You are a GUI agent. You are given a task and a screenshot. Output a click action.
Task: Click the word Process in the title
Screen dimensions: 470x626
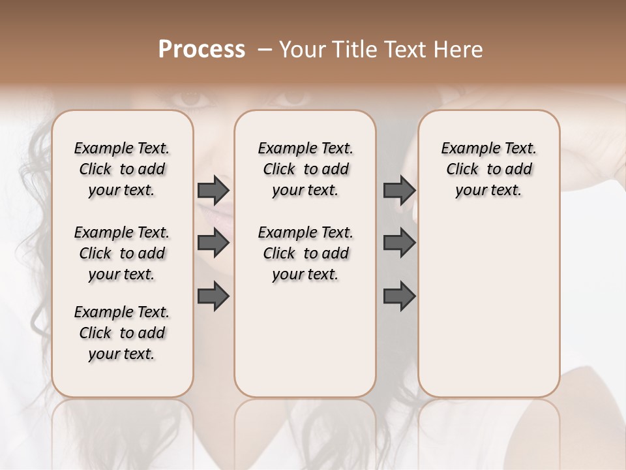coord(201,50)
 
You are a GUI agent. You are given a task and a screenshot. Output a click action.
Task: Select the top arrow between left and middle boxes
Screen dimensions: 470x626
coord(213,191)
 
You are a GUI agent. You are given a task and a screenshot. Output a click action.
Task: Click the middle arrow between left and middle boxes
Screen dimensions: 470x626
coord(213,243)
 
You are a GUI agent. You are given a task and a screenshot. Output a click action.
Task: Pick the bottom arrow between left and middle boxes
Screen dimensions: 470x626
coord(213,295)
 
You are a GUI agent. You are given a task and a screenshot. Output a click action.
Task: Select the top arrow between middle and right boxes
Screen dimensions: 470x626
coord(399,191)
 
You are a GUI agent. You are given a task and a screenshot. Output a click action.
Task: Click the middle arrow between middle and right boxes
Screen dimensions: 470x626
coord(399,243)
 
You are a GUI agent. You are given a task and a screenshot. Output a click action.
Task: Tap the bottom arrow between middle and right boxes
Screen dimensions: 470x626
coord(399,295)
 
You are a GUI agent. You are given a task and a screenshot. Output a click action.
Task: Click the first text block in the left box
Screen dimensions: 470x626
coord(122,169)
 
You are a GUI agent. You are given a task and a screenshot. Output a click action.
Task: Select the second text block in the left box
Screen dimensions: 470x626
coord(122,253)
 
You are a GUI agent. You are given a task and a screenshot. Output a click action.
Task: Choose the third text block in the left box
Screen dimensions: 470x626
coord(122,333)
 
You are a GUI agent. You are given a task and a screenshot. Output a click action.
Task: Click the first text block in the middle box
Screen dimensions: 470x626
coord(305,169)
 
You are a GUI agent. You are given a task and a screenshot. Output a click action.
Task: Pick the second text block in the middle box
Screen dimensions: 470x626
coord(305,253)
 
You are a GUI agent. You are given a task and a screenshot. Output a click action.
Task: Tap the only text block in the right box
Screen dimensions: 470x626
coord(488,169)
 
